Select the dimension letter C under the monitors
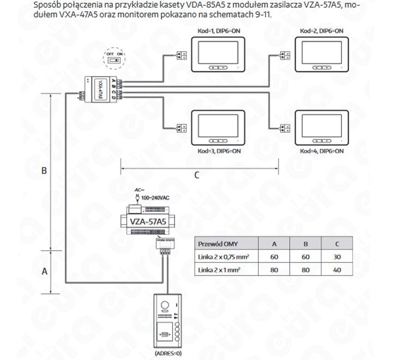(x=197, y=175)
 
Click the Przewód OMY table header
(x=218, y=244)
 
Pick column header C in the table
(x=337, y=244)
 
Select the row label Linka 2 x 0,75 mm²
(x=224, y=256)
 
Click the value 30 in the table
(x=337, y=256)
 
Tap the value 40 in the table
(x=337, y=269)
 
